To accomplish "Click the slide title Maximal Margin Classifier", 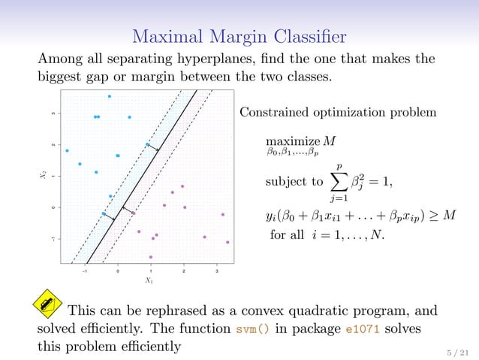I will tap(239, 35).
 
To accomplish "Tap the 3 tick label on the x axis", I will tap(216, 271).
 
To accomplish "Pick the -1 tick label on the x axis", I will tap(84, 271).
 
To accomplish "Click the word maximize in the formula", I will tap(291, 143).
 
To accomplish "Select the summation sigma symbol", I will tap(339, 181).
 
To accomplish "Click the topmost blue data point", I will tap(110, 96).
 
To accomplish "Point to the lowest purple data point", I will tap(150, 257).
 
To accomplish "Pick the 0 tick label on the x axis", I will tap(118, 271).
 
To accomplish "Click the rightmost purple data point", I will tap(227, 242).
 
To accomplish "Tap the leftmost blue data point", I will tap(68, 150).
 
